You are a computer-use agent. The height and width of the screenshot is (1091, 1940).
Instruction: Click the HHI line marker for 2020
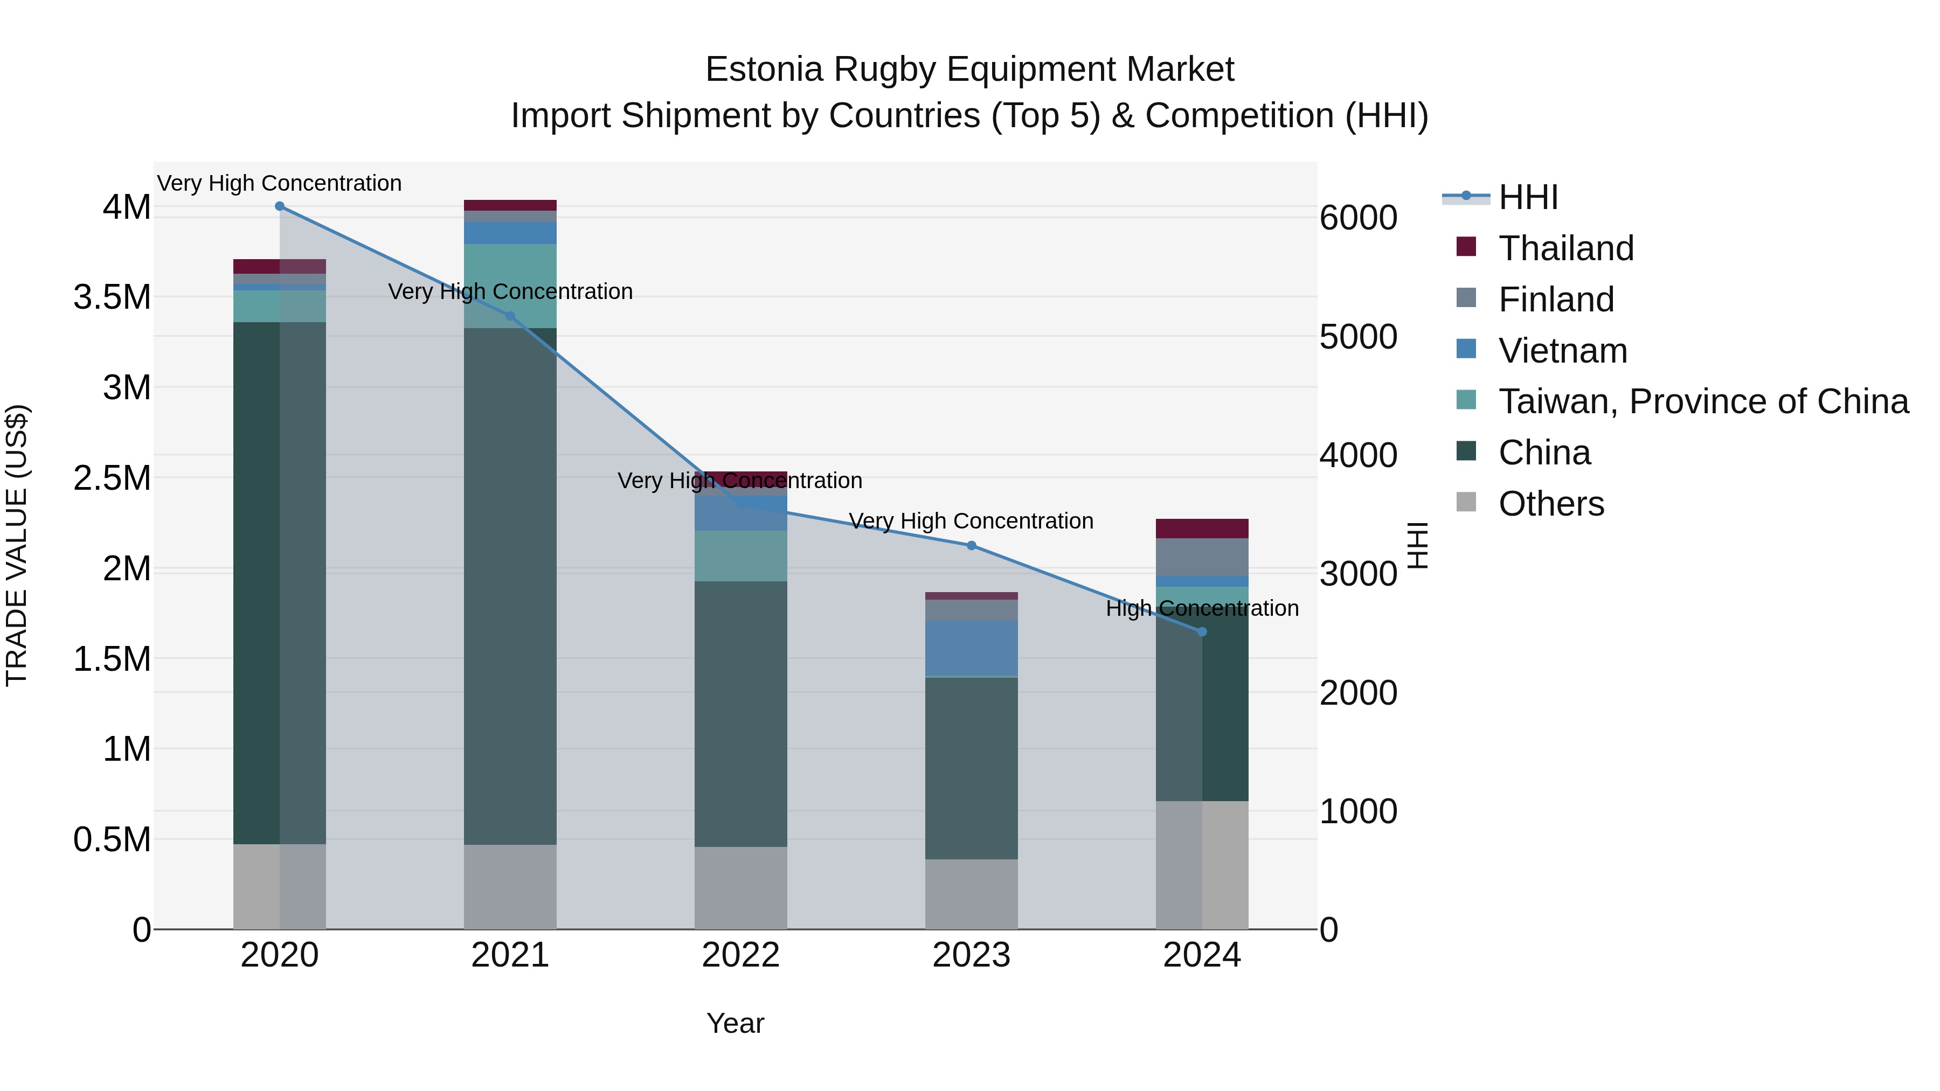279,206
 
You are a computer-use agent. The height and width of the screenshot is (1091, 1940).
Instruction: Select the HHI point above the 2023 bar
972,546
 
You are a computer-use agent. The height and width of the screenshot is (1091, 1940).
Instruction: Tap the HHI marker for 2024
1202,632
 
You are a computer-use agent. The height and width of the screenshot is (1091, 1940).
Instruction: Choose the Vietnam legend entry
1563,351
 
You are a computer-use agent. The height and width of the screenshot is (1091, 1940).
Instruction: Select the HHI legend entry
1528,197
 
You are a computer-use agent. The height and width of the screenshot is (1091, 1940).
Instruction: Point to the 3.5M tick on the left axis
112,297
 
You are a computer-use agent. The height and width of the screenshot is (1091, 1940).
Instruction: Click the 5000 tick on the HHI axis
1358,337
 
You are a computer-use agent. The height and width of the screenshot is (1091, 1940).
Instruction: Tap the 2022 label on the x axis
740,955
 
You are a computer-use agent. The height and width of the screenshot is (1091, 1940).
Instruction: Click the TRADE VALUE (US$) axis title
17,545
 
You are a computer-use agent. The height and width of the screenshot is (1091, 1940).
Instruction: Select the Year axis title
735,1023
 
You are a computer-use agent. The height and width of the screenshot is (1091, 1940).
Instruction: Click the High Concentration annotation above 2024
1202,608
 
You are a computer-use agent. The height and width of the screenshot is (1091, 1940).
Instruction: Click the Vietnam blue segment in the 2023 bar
972,648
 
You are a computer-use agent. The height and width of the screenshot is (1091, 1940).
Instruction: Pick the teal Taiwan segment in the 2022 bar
740,555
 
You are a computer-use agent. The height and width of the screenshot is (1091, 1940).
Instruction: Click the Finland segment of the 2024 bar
1202,557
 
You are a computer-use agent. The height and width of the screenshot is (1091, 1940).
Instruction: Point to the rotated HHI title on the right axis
1417,545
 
